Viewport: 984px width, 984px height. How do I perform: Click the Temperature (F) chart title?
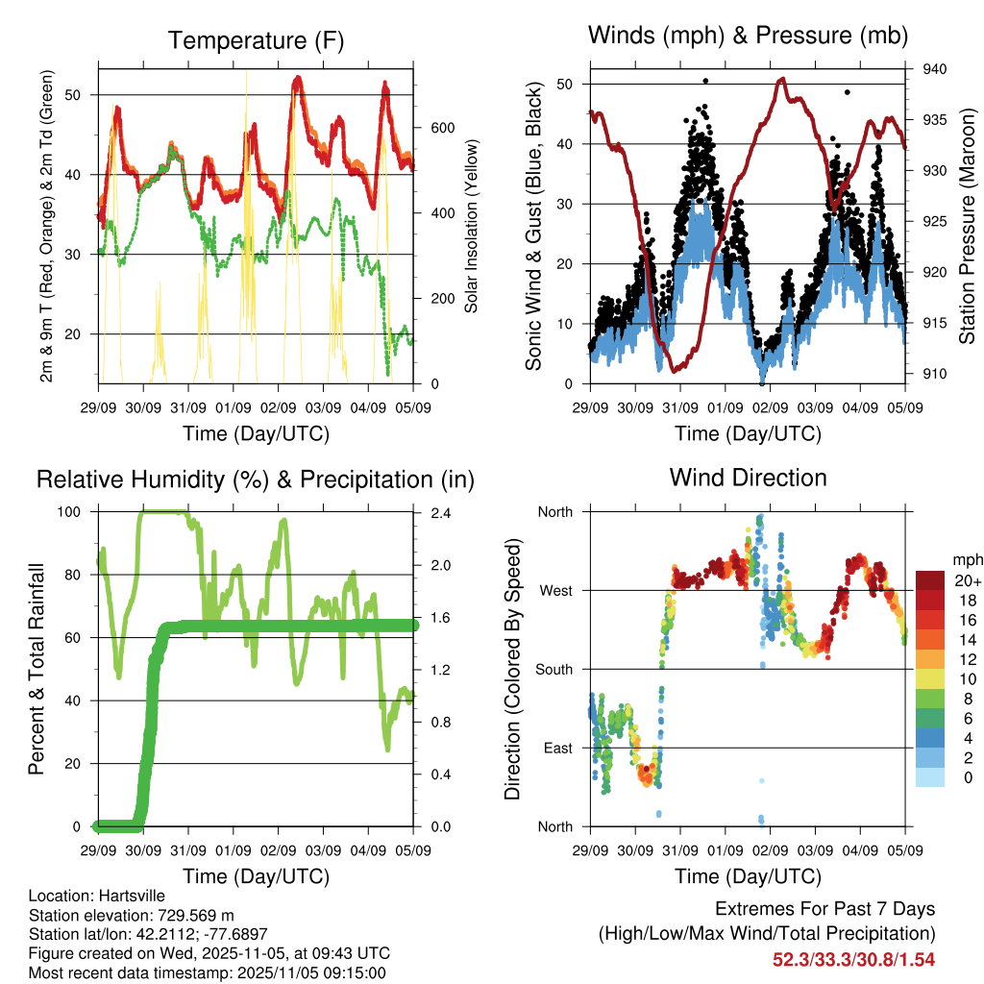pos(256,40)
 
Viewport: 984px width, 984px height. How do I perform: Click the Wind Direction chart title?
pos(748,477)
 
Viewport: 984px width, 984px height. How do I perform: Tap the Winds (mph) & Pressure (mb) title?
pos(748,36)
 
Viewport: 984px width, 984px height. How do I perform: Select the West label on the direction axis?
pos(554,590)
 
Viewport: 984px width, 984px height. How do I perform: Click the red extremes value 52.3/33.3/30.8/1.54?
pos(853,959)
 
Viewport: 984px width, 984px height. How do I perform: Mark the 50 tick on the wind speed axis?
pos(565,85)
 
